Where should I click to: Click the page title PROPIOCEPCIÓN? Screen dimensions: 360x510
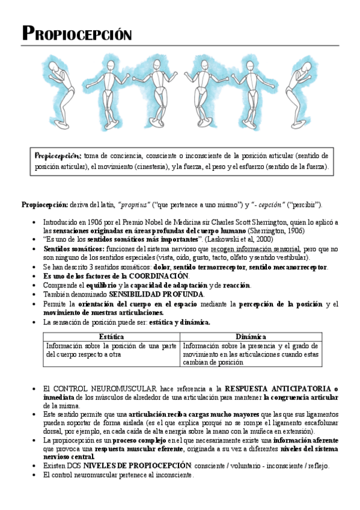point(76,33)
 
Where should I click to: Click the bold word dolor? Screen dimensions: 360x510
point(163,266)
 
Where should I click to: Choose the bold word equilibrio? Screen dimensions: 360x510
point(97,284)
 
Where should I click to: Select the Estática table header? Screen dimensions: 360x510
point(111,336)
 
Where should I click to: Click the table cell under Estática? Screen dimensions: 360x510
point(111,349)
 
